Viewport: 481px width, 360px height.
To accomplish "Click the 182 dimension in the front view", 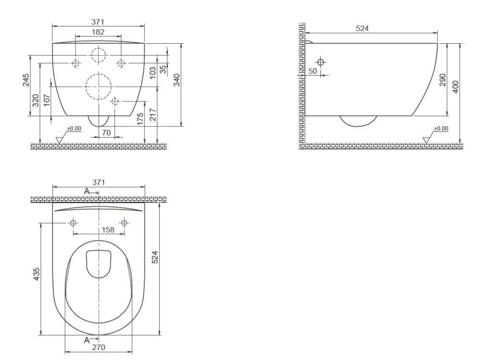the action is [x=98, y=32].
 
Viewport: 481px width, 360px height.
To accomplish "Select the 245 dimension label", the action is [x=26, y=80].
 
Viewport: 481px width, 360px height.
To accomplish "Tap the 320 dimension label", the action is [x=36, y=100].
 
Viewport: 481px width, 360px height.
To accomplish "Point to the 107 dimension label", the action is [x=47, y=100].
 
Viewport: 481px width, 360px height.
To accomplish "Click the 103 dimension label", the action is [x=153, y=73].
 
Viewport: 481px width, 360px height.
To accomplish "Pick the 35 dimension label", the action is [x=164, y=69].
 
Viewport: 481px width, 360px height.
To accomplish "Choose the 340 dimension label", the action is [x=177, y=80].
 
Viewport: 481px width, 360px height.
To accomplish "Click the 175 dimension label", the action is [x=140, y=119].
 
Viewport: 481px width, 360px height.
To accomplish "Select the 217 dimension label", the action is [x=153, y=115].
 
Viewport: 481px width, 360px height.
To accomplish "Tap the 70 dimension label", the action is [x=106, y=133].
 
